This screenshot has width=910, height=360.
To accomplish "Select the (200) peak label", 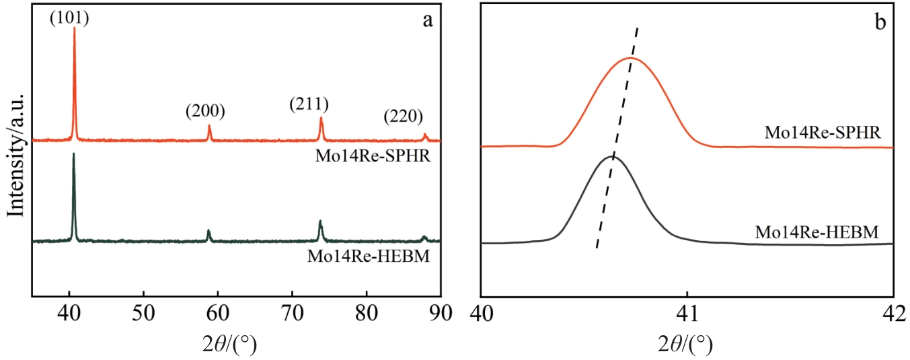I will coord(205,110).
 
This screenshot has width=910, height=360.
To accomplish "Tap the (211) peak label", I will coord(309,104).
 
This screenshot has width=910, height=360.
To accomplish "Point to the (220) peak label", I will coord(404,116).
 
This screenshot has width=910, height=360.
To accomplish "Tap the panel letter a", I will coord(426,20).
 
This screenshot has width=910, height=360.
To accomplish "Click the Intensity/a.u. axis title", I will coord(16,155).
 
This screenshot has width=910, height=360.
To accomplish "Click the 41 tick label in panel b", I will coord(687,313).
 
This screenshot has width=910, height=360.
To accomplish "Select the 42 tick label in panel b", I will coord(893,313).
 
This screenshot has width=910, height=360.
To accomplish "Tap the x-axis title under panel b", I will coord(686,344).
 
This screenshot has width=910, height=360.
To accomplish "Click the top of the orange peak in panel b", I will coord(630,59).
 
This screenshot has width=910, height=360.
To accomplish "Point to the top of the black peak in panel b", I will coord(612,156).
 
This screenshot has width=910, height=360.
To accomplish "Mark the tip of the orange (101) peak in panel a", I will coord(74,28).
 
